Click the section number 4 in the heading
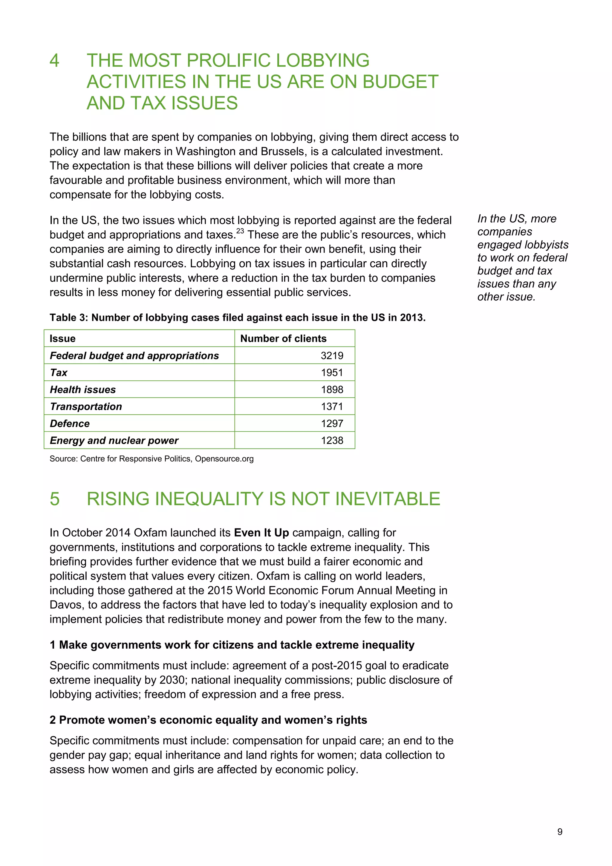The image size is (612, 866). tap(55, 61)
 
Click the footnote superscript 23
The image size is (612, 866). tap(240, 231)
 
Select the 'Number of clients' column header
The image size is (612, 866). tap(283, 338)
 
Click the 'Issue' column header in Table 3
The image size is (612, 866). tap(62, 338)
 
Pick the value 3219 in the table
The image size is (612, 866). tap(332, 355)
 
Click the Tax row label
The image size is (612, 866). tap(59, 373)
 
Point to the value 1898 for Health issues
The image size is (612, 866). tap(332, 390)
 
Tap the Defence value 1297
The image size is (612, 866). tap(332, 423)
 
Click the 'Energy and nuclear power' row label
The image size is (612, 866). tap(114, 440)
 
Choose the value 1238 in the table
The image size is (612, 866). tap(332, 440)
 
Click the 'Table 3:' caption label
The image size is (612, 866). tap(69, 318)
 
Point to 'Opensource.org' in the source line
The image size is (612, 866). tap(224, 459)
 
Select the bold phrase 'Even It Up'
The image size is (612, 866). tap(261, 533)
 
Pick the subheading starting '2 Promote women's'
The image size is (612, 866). tap(208, 720)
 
